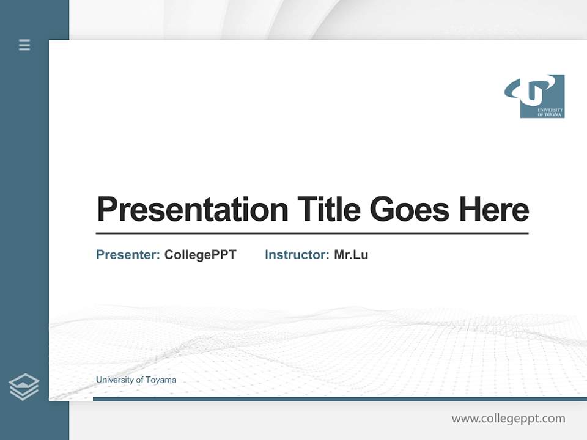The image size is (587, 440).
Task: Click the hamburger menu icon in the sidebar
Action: tap(24, 45)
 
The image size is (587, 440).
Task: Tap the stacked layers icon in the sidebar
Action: tap(24, 387)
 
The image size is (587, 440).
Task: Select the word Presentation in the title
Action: tap(192, 210)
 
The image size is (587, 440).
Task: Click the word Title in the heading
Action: tap(329, 210)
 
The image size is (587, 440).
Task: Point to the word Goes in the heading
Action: tap(410, 210)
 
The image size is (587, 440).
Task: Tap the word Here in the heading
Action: tap(493, 210)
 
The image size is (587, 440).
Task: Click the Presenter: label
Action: tap(128, 255)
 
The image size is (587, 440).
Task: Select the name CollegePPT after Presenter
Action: tap(200, 255)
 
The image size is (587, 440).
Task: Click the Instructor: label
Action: tap(297, 255)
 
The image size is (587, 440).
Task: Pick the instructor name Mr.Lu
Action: tap(351, 255)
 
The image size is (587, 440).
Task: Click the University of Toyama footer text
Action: tap(136, 380)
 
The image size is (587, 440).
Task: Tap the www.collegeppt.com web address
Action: tap(508, 419)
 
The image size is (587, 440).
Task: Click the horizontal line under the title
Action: tap(312, 233)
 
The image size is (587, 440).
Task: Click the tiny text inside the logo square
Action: tap(550, 112)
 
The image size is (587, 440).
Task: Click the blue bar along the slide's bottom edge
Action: tap(339, 398)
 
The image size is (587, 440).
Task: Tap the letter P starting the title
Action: tap(106, 210)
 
